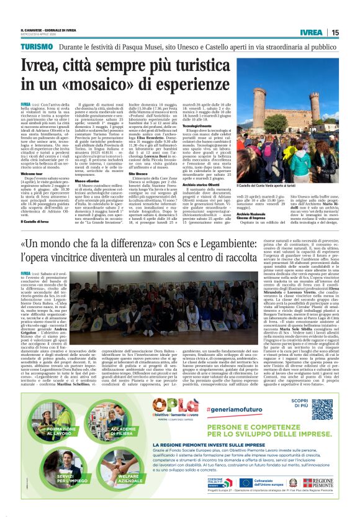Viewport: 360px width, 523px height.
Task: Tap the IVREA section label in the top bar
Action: pos(310,32)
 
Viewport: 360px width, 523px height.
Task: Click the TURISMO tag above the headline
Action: pos(37,47)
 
